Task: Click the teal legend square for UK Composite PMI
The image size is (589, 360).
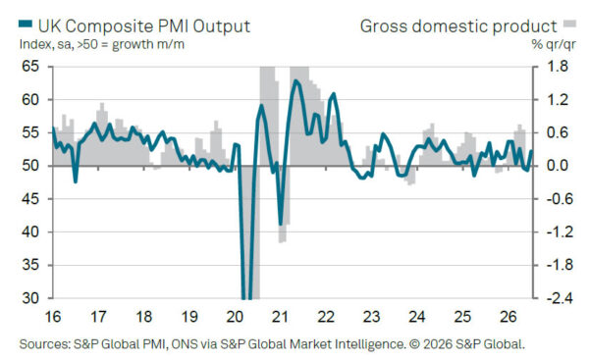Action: (26, 24)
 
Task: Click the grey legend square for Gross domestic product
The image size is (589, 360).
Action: (569, 24)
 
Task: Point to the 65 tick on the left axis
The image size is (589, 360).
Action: (30, 67)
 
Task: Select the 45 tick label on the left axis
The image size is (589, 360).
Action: (30, 198)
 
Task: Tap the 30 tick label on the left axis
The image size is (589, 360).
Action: (30, 298)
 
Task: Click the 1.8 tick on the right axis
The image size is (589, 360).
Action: (558, 67)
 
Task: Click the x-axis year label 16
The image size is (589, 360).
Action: (53, 317)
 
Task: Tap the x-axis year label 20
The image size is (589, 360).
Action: (235, 317)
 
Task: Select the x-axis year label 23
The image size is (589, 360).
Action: (371, 317)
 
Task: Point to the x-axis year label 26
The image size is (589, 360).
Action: (508, 317)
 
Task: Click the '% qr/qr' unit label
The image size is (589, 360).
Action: (554, 45)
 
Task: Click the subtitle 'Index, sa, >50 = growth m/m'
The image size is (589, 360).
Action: (102, 45)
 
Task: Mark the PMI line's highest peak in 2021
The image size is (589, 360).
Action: (295, 80)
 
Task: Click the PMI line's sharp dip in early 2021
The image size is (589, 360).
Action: (281, 224)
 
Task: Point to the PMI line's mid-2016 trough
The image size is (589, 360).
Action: (76, 181)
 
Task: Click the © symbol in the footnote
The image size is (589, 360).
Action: (414, 344)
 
